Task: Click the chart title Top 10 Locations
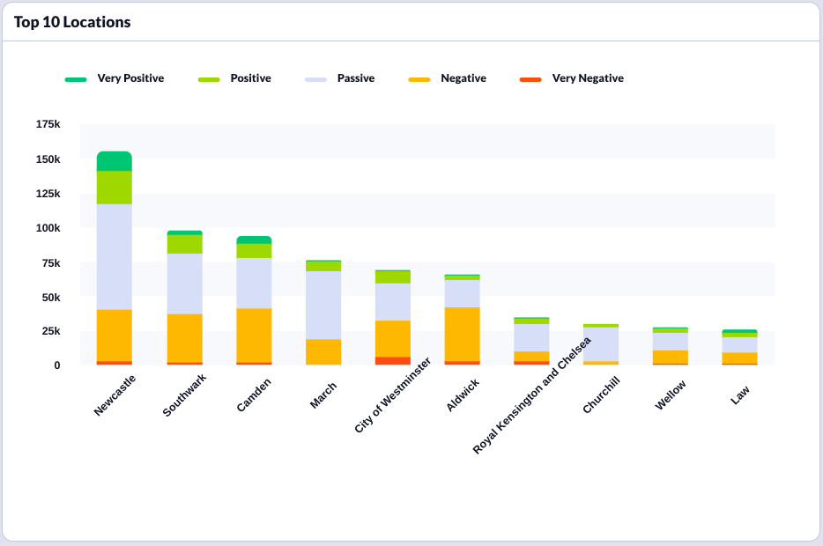click(x=72, y=22)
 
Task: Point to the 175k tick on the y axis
click(x=48, y=125)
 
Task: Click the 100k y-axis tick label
click(x=48, y=228)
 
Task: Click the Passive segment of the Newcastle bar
click(x=115, y=256)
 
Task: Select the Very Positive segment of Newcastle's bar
click(x=115, y=161)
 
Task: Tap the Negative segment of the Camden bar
click(x=254, y=335)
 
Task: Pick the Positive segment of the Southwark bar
click(x=184, y=244)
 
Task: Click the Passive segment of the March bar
click(x=323, y=305)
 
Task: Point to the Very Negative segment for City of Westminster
click(x=393, y=360)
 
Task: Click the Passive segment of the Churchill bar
click(x=601, y=343)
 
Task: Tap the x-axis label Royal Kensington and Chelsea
click(x=532, y=395)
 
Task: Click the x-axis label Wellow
click(x=671, y=395)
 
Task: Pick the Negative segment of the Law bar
click(x=740, y=358)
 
